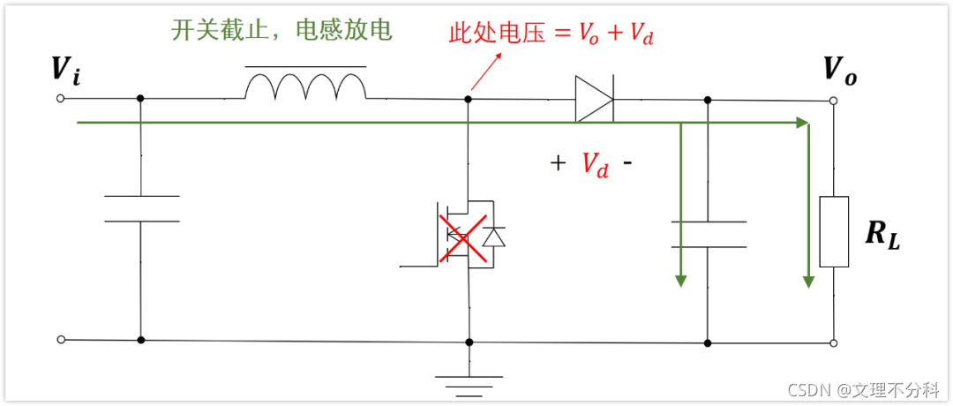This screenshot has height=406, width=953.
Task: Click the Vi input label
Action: click(x=66, y=70)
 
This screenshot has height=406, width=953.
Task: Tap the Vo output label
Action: click(x=839, y=70)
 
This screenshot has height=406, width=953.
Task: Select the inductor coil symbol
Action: click(x=305, y=87)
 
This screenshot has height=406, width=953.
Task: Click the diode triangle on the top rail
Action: click(x=594, y=98)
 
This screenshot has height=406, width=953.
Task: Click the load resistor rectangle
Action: click(x=834, y=231)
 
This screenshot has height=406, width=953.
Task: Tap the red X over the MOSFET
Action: click(x=464, y=237)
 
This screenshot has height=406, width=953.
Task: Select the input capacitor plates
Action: click(x=141, y=208)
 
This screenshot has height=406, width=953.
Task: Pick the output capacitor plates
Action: click(x=708, y=234)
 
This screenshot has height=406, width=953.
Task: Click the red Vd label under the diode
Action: click(x=595, y=163)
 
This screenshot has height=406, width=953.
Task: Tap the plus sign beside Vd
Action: click(x=558, y=163)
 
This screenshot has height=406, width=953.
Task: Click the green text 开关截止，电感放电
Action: click(x=281, y=31)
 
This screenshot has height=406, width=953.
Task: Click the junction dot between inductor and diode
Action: click(x=469, y=99)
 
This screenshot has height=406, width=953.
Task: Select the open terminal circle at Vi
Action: click(x=60, y=99)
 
